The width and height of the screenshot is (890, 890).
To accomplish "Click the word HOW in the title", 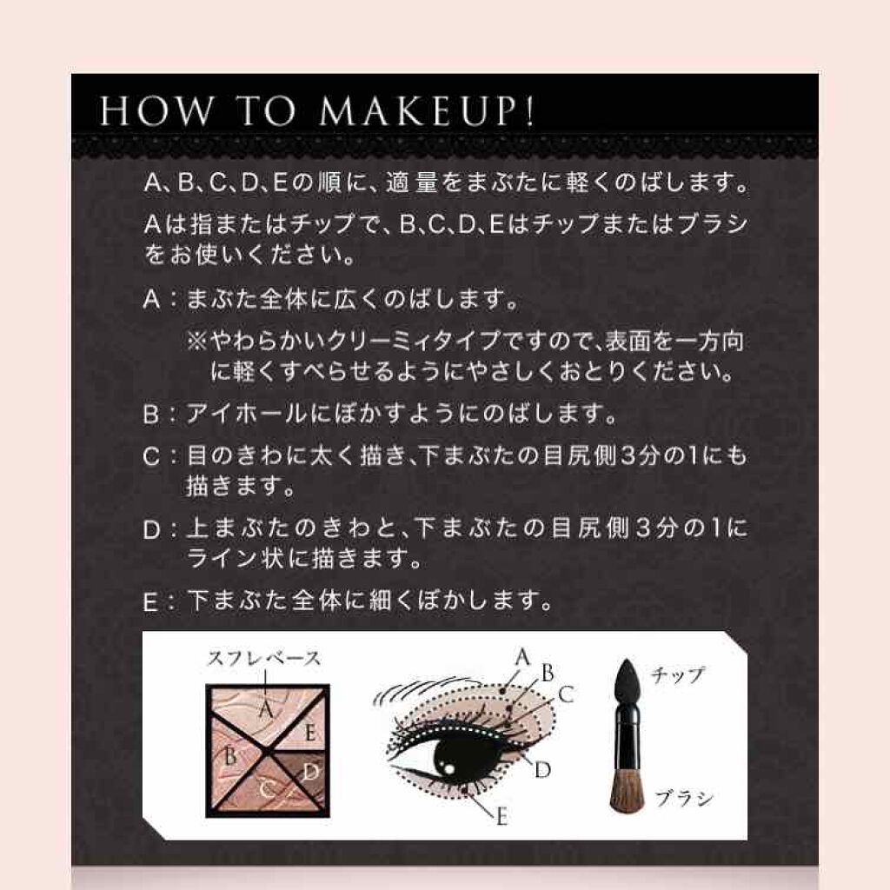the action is [x=155, y=110].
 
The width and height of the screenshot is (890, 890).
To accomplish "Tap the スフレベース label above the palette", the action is [x=264, y=659].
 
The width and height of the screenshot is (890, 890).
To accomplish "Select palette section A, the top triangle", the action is [x=267, y=709].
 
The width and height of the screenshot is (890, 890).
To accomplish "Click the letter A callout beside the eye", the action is [x=522, y=657].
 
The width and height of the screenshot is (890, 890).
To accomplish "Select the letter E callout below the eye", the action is [x=501, y=817].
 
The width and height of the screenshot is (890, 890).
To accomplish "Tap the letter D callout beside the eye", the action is [x=542, y=770].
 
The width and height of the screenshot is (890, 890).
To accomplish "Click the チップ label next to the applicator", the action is [x=677, y=675].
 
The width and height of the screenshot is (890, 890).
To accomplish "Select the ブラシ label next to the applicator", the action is [x=684, y=799].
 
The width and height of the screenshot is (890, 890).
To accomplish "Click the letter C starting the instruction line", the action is [x=151, y=456].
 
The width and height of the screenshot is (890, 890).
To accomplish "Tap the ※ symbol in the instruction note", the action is [x=197, y=341].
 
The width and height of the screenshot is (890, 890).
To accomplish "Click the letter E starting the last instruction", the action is [x=150, y=601].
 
